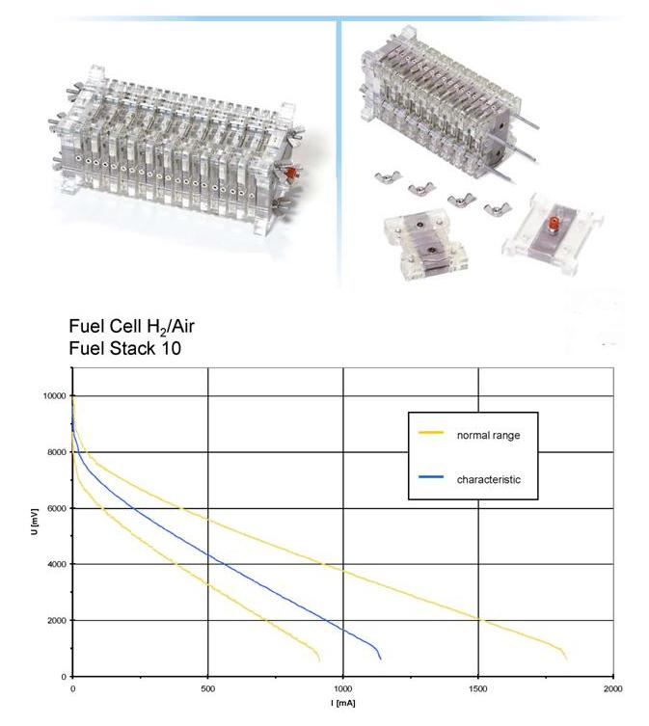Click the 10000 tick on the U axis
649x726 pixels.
(x=54, y=396)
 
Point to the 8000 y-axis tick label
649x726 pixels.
(x=56, y=452)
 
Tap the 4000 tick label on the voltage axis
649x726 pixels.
(x=56, y=564)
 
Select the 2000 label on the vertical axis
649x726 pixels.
(x=56, y=620)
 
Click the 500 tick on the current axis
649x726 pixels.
(x=208, y=689)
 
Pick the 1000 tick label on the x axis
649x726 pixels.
(x=343, y=689)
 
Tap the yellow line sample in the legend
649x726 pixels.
(x=431, y=434)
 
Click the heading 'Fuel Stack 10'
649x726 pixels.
(x=124, y=348)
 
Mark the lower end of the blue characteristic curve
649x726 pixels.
(x=380, y=659)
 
